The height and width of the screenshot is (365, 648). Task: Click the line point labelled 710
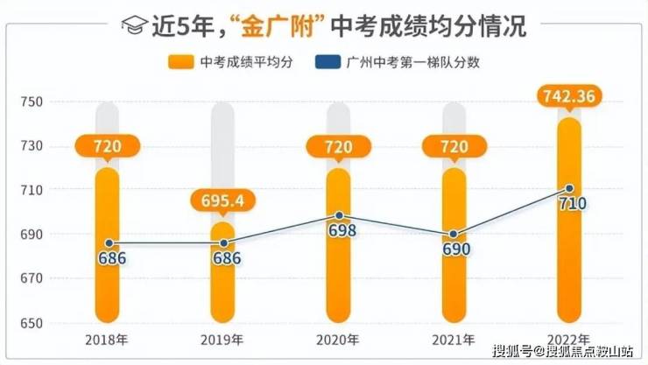[x=569, y=188]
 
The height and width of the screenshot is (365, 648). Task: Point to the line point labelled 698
[x=339, y=215]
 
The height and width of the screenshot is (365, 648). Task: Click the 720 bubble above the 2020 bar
[x=339, y=147]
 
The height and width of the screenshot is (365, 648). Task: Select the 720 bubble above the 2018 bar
[x=107, y=147]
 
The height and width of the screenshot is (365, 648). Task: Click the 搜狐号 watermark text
[x=511, y=353]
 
